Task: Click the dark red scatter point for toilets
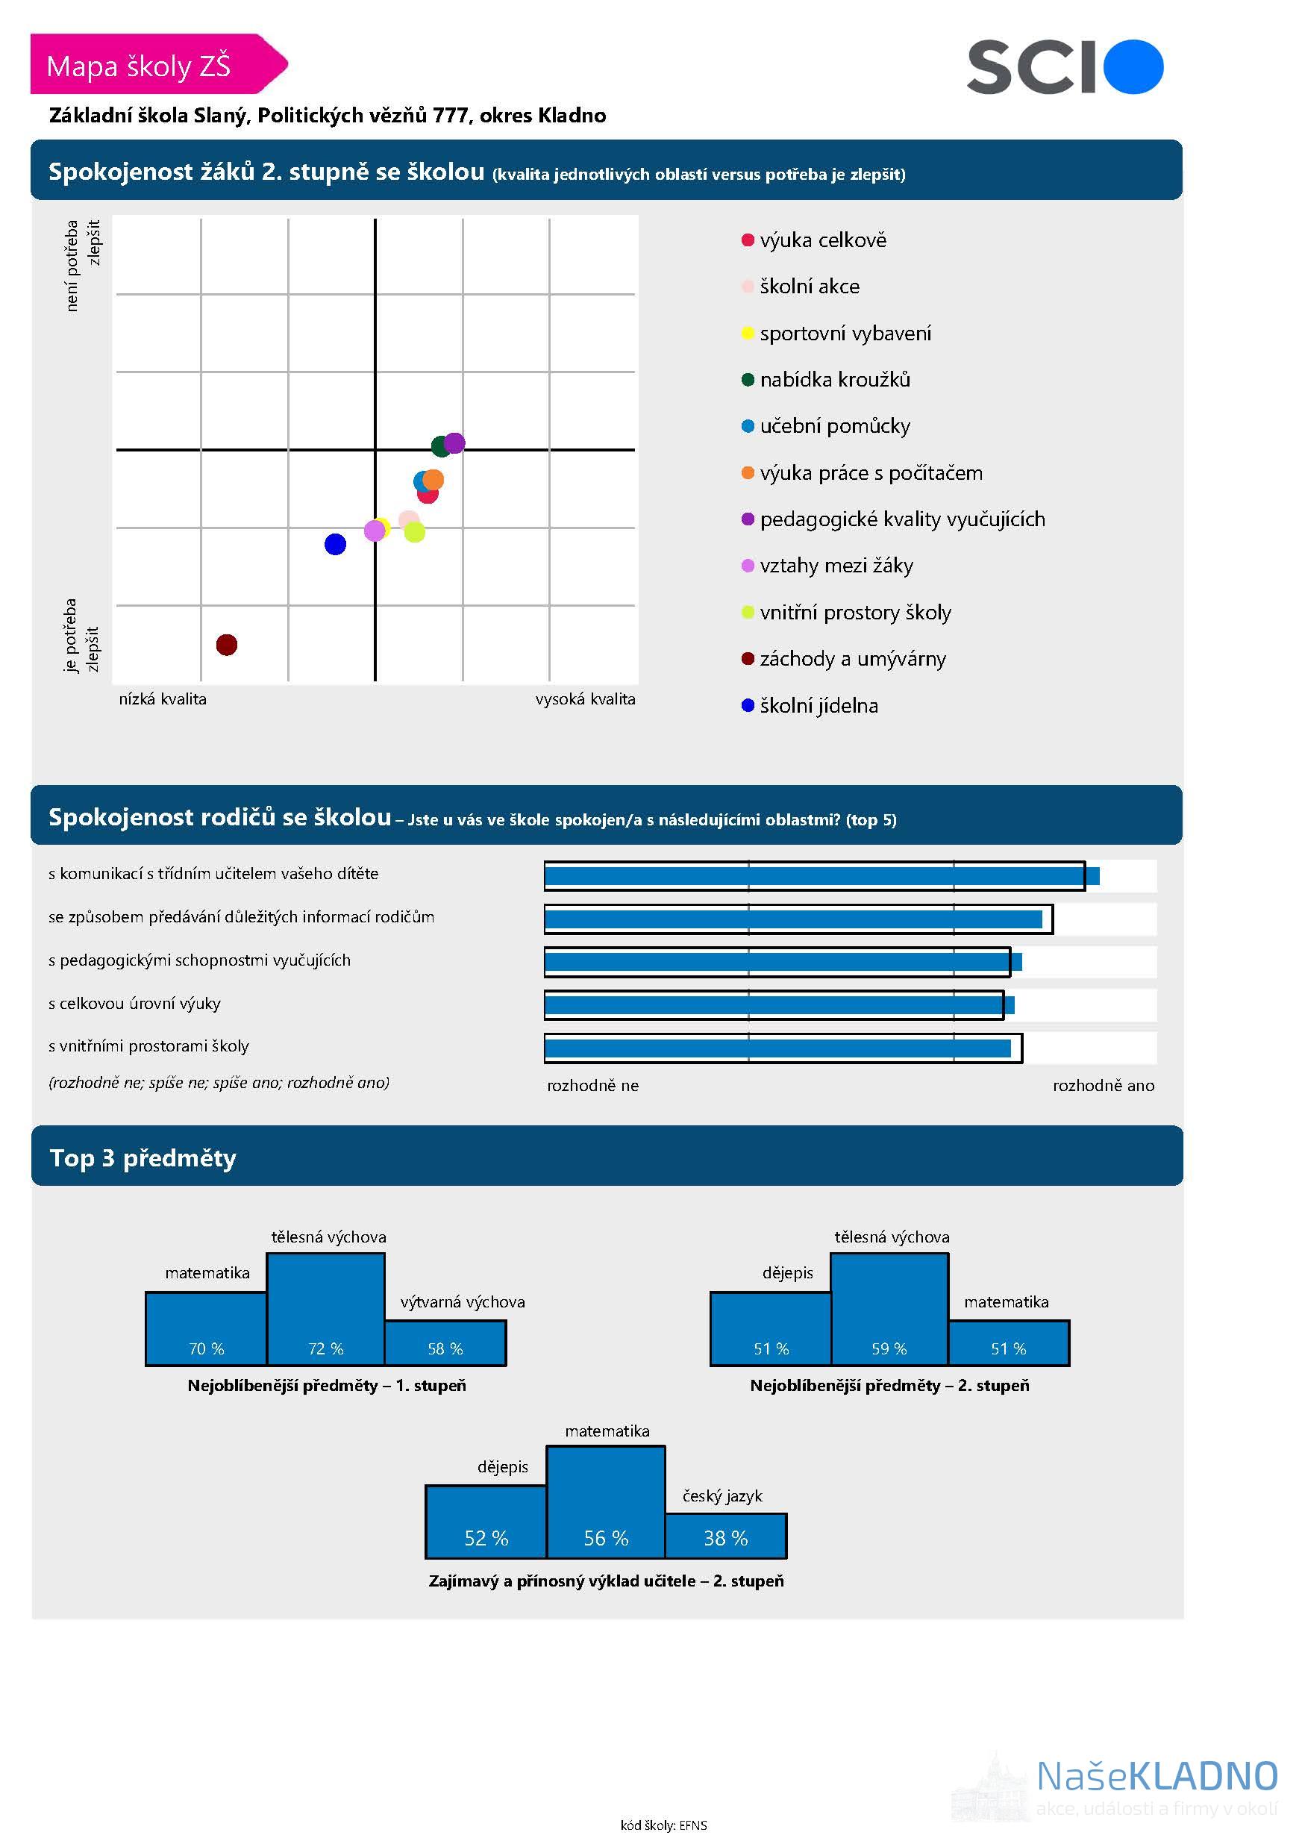(227, 645)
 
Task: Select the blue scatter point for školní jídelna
(335, 544)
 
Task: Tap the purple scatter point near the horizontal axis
(454, 443)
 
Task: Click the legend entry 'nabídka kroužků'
(835, 379)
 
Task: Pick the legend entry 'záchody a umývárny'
(852, 659)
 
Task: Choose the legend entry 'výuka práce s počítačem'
(871, 473)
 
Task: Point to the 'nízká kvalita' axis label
(163, 698)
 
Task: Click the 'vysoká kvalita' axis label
(585, 698)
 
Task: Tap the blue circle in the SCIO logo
(1133, 67)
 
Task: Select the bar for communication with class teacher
(821, 876)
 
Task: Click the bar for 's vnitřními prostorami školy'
(777, 1048)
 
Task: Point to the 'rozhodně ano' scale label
(1103, 1086)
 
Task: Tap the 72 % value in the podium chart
(326, 1349)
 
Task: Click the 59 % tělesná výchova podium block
(889, 1310)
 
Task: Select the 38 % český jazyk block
(725, 1537)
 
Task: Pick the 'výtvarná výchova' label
(463, 1301)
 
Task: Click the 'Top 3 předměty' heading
(143, 1157)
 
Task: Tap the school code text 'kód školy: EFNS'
(663, 1825)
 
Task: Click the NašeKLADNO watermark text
(1156, 1775)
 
